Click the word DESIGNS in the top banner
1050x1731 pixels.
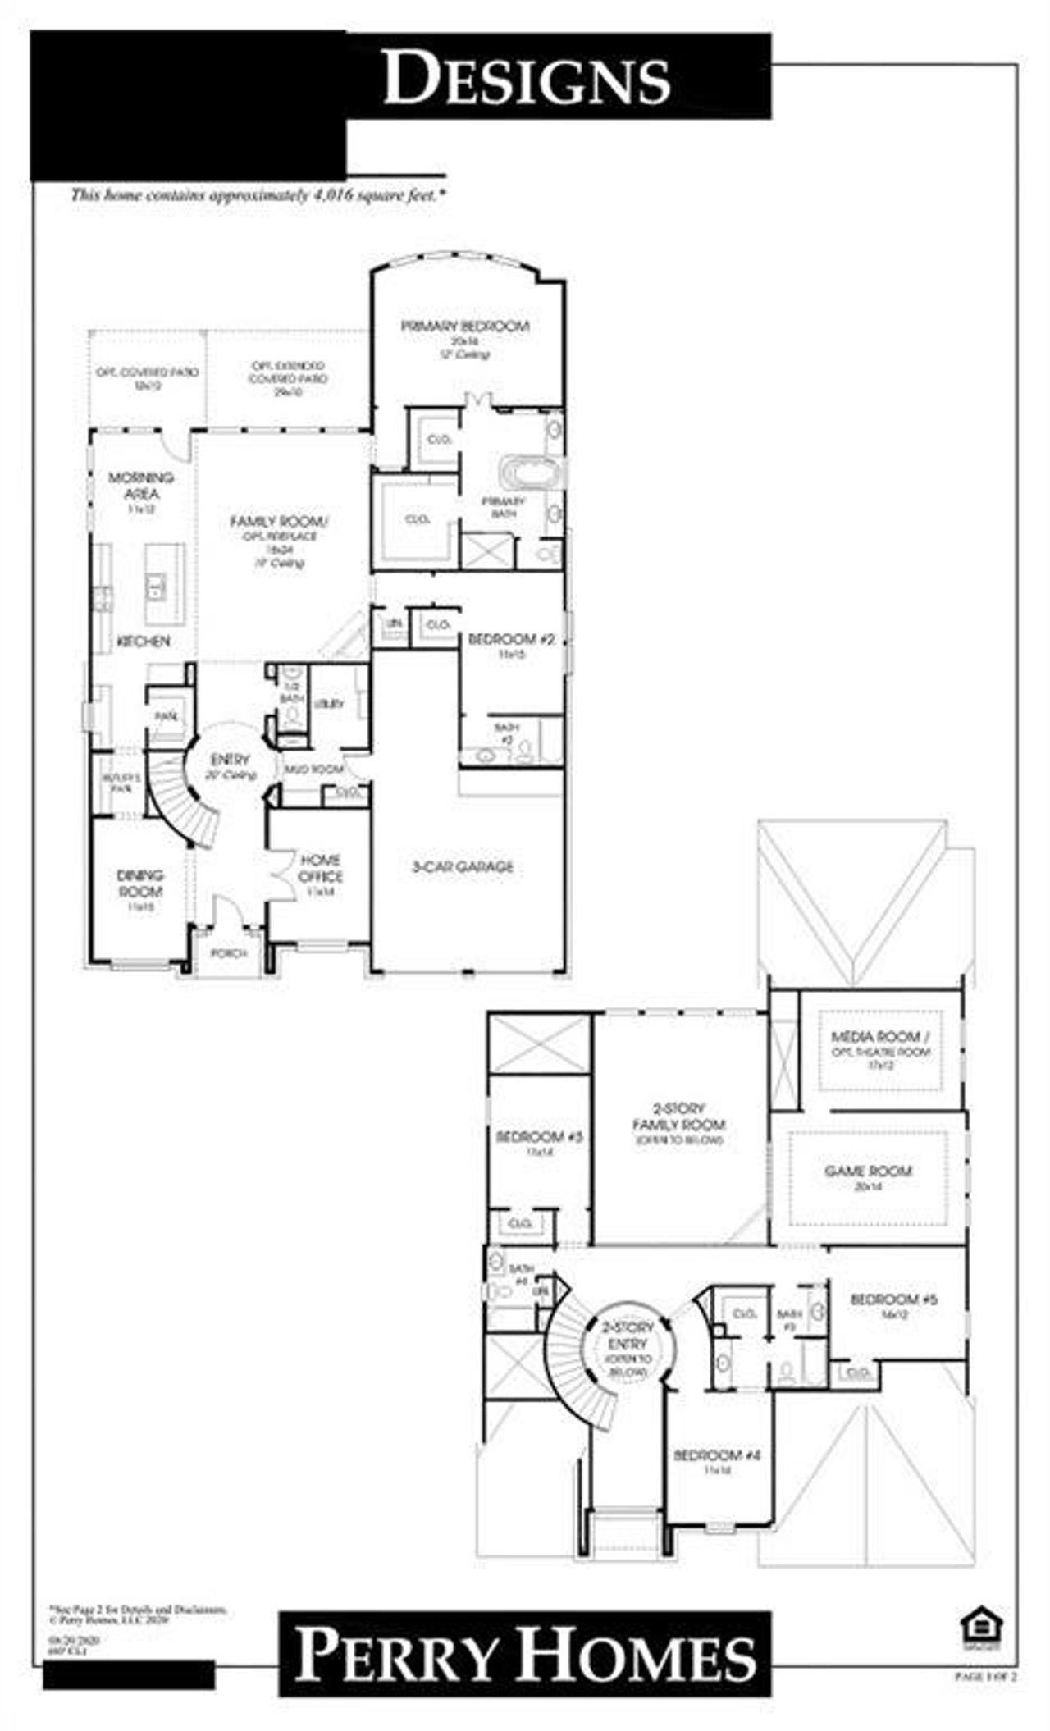pyautogui.click(x=527, y=76)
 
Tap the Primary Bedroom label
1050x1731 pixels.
pyautogui.click(x=465, y=327)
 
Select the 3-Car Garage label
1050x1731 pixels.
pyautogui.click(x=463, y=866)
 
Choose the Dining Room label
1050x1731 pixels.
pyautogui.click(x=140, y=884)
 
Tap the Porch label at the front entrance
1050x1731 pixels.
pyautogui.click(x=229, y=953)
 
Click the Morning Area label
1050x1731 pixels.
pyautogui.click(x=141, y=486)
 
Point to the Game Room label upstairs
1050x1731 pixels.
pyautogui.click(x=868, y=1171)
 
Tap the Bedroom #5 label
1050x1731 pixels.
pyautogui.click(x=893, y=1299)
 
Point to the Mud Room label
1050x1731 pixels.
pyautogui.click(x=303, y=770)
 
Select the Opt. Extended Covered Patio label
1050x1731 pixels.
pyautogui.click(x=287, y=372)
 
